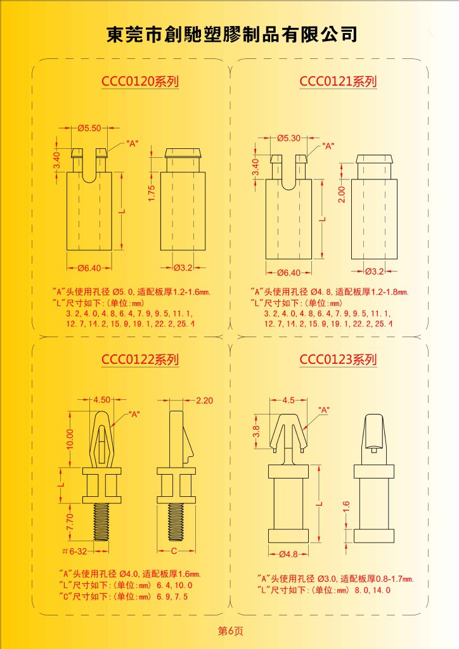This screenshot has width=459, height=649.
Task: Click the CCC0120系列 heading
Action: click(140, 80)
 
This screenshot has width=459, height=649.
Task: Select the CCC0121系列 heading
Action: click(338, 81)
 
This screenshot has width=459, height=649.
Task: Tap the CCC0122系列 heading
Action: click(140, 359)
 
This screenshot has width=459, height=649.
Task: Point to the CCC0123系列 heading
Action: click(338, 359)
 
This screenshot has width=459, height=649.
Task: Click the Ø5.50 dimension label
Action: click(89, 128)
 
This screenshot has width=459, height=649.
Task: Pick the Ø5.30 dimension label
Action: click(289, 138)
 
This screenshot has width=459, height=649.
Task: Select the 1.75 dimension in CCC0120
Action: click(152, 193)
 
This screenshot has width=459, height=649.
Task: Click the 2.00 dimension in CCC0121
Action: click(341, 194)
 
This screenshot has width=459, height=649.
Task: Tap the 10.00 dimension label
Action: click(70, 439)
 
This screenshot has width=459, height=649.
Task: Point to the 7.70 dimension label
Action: click(70, 521)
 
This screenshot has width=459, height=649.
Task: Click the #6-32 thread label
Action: click(75, 551)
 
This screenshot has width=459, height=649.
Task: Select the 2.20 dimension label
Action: click(205, 401)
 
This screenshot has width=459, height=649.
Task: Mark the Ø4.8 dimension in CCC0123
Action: click(288, 554)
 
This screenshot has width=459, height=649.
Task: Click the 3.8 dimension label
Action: click(256, 431)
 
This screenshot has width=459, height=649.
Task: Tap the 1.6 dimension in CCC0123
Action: click(346, 506)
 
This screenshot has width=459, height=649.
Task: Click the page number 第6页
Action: click(231, 631)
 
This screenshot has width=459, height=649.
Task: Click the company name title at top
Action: click(232, 34)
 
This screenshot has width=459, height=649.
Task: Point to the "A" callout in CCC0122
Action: click(134, 414)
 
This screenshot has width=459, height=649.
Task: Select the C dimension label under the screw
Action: click(174, 551)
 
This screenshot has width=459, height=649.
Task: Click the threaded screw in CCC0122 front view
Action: click(101, 522)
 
